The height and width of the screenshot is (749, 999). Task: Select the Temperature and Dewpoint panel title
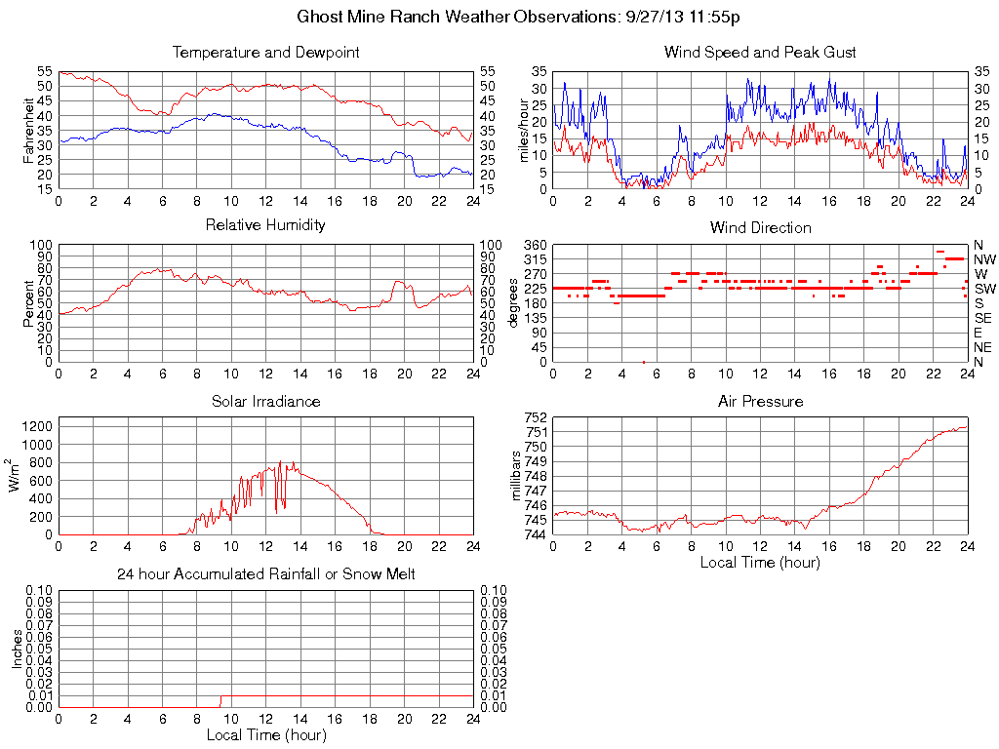pyautogui.click(x=265, y=52)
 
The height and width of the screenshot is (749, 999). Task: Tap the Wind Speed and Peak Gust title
pyautogui.click(x=760, y=52)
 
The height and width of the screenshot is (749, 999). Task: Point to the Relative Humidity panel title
pyautogui.click(x=265, y=225)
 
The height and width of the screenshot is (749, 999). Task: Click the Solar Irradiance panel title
pyautogui.click(x=265, y=401)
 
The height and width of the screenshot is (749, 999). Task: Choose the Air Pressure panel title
pyautogui.click(x=760, y=401)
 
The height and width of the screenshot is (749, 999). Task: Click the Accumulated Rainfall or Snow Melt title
pyautogui.click(x=265, y=574)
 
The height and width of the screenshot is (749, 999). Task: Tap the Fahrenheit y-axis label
pyautogui.click(x=29, y=131)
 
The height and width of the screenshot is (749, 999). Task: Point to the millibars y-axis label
pyautogui.click(x=517, y=476)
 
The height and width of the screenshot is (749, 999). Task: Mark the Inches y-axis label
pyautogui.click(x=17, y=649)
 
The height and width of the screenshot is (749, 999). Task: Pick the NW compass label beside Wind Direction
pyautogui.click(x=984, y=259)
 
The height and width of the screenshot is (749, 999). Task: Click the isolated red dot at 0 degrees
pyautogui.click(x=643, y=362)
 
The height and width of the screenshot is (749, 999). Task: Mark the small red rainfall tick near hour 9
pyautogui.click(x=220, y=701)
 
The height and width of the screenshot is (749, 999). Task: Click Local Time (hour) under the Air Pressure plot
pyautogui.click(x=760, y=562)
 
